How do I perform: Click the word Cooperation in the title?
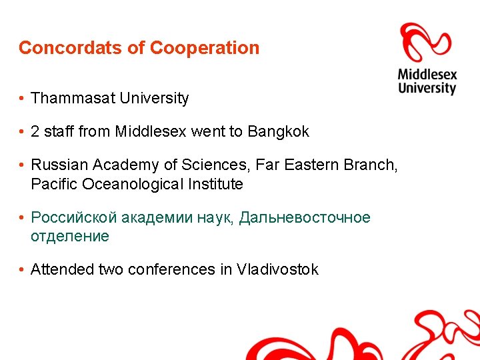(205, 48)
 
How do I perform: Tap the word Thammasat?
(73, 99)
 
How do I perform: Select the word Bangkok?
(278, 132)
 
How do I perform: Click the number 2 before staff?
(35, 132)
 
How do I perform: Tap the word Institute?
(215, 184)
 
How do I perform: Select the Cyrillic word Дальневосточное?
(305, 218)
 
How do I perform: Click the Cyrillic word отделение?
(69, 237)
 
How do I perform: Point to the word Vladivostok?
(277, 269)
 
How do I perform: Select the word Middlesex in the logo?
(427, 73)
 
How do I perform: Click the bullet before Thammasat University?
(22, 99)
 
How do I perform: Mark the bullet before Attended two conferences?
(22, 269)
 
